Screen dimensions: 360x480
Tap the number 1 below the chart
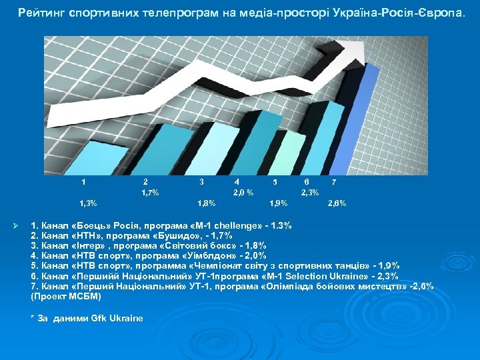point(83,181)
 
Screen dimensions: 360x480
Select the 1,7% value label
point(150,193)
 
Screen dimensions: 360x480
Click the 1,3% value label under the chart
point(88,203)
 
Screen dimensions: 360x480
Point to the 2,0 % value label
point(243,193)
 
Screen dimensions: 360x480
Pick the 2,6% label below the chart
point(337,203)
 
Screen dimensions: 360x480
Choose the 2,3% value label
point(310,193)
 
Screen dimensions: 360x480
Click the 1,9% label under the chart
point(278,203)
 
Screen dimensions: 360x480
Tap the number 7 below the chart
point(333,181)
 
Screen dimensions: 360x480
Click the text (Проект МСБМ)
point(66,296)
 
